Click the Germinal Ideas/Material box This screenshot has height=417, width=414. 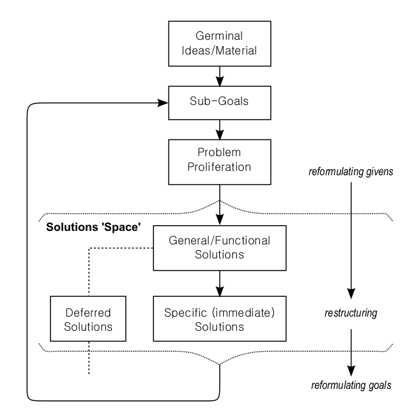click(x=219, y=38)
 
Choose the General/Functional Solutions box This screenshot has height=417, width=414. click(x=219, y=248)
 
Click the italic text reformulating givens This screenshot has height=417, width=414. click(x=350, y=172)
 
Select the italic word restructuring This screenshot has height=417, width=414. click(x=350, y=315)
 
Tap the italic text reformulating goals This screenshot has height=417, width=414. click(x=350, y=386)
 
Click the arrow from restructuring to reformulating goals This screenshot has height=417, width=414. click(x=350, y=352)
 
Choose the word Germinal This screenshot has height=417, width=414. click(x=219, y=31)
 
